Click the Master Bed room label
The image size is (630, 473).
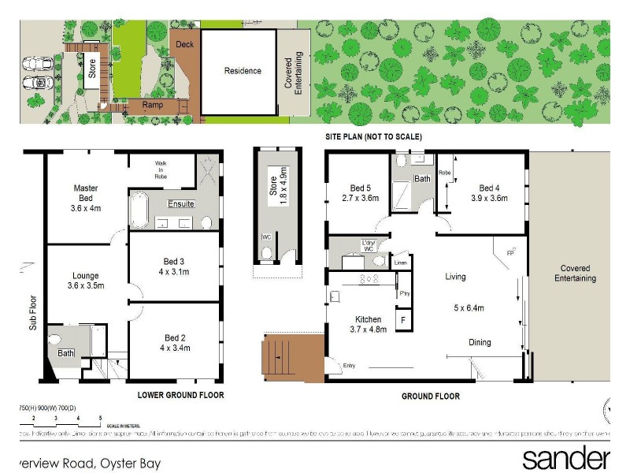pos(85,193)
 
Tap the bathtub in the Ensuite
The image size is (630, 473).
pos(140,211)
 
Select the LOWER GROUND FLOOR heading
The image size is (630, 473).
pos(180,395)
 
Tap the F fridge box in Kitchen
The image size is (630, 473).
pos(404,320)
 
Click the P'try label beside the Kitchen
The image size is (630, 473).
pos(405,293)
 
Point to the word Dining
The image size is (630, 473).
pos(480,342)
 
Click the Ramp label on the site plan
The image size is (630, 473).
pos(152,104)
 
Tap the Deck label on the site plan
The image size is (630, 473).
pos(184,45)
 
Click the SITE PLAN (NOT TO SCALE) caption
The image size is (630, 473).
pos(374,137)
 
